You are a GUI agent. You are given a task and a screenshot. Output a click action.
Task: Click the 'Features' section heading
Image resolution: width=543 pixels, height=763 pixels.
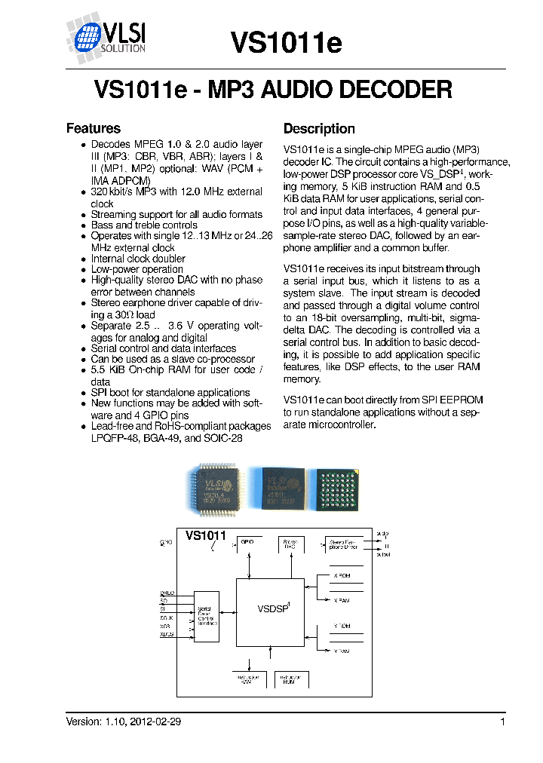[x=94, y=129]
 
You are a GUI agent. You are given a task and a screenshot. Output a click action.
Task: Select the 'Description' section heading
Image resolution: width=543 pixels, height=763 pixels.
[x=319, y=129]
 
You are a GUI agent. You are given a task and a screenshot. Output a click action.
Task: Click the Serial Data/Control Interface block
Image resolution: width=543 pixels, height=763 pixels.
[x=206, y=617]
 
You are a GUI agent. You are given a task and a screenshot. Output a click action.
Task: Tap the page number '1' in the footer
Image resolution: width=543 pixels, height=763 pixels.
[x=502, y=722]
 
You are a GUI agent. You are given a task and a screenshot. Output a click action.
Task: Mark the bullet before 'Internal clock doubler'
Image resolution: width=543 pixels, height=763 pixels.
[x=83, y=259]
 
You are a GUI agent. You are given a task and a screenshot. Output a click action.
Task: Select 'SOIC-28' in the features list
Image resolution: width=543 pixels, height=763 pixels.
[x=224, y=437]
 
